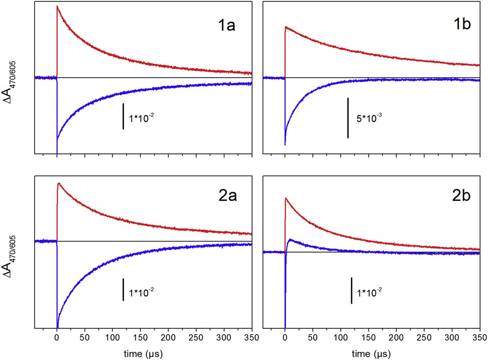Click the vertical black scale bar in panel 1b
[x=348, y=117]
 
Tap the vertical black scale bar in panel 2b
[x=351, y=291]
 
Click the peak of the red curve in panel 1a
[x=58, y=6]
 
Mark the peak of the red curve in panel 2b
[x=285, y=198]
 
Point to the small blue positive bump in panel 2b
[x=290, y=240]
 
